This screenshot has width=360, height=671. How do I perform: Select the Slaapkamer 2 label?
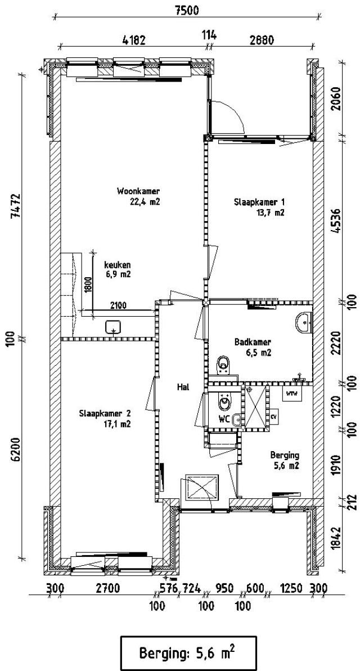106,414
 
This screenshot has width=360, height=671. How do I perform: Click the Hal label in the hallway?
182,386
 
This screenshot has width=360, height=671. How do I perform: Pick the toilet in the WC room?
224,403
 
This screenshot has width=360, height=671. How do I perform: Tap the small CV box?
273,417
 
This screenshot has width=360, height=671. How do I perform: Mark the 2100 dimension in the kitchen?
118,305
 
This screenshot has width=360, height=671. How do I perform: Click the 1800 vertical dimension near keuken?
87,285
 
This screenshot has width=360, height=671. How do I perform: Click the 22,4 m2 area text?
145,201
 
